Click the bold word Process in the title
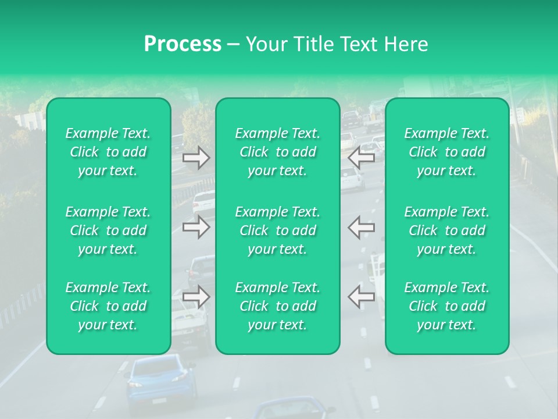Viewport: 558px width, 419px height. pos(183,44)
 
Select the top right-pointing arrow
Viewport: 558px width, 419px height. pos(196,157)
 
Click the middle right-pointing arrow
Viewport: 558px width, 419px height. pos(196,227)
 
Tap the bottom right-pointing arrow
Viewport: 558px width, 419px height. pos(196,297)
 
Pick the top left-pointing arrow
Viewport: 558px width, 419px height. pos(361,157)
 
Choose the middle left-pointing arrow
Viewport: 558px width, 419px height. pos(361,227)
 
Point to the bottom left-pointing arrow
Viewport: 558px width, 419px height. pos(361,297)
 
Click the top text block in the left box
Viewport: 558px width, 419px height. pos(108,152)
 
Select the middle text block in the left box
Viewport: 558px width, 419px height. pos(108,230)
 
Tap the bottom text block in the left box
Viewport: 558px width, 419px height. pos(108,306)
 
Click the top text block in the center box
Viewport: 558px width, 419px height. pos(277,152)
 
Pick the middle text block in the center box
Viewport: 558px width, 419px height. pos(277,230)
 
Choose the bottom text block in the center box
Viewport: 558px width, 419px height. pos(277,306)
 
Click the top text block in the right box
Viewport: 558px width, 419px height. pos(446,152)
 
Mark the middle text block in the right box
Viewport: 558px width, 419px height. pos(446,230)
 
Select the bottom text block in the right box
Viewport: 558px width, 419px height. pos(446,306)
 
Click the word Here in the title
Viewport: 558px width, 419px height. pos(406,44)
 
